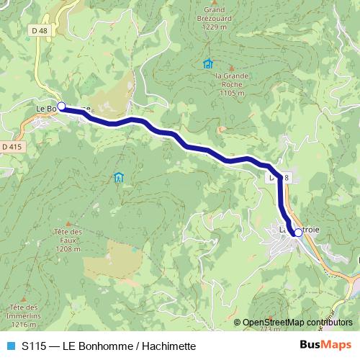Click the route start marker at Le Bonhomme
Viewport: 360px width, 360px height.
(x=61, y=107)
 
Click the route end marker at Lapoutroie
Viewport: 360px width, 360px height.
(x=298, y=233)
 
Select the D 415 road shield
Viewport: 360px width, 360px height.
(x=12, y=146)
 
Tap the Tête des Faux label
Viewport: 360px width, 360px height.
(x=68, y=235)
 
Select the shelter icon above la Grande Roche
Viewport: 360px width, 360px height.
(x=208, y=63)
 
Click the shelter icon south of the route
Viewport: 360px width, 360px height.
(x=118, y=177)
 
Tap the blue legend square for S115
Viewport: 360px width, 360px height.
(x=10, y=346)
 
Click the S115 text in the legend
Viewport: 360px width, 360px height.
(x=35, y=346)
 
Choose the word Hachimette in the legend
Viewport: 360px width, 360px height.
(x=169, y=346)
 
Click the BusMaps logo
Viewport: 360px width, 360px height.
(x=325, y=345)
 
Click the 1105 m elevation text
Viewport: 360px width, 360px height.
(x=232, y=93)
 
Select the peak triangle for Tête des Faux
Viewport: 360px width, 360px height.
(x=68, y=222)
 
